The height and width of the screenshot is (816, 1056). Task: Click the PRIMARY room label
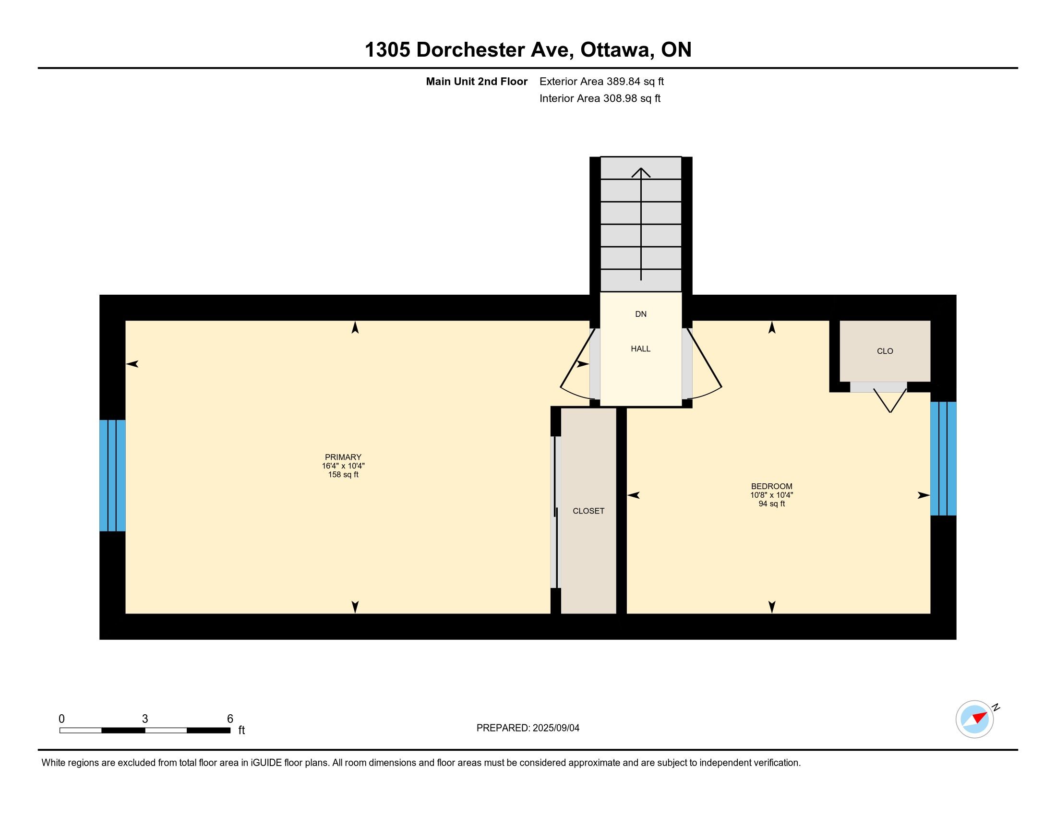pyautogui.click(x=343, y=457)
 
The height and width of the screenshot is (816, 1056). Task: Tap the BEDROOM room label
pyautogui.click(x=772, y=486)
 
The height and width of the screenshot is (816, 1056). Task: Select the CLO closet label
pyautogui.click(x=885, y=351)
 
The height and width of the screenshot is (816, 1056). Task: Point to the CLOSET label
pyautogui.click(x=588, y=511)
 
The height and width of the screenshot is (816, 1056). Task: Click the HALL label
pyautogui.click(x=641, y=348)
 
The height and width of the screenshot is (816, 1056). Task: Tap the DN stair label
pyautogui.click(x=641, y=314)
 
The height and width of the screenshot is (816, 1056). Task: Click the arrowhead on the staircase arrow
pyautogui.click(x=641, y=172)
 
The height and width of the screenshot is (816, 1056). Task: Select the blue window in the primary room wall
pyautogui.click(x=113, y=476)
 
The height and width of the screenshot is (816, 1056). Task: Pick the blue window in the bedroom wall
pyautogui.click(x=943, y=459)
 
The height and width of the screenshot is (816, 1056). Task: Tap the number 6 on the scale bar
pyautogui.click(x=230, y=719)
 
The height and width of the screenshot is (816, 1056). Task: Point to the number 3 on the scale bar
pyautogui.click(x=145, y=719)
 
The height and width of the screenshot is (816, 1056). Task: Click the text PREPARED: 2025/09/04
pyautogui.click(x=528, y=728)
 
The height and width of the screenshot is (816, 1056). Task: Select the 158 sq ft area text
pyautogui.click(x=343, y=475)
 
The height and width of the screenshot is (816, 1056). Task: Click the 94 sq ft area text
pyautogui.click(x=772, y=504)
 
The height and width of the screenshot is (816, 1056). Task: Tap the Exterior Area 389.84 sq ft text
pyautogui.click(x=601, y=81)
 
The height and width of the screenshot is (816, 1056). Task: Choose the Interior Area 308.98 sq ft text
pyautogui.click(x=600, y=98)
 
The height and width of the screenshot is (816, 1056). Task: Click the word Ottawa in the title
pyautogui.click(x=615, y=50)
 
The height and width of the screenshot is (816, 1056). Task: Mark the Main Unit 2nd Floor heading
pyautogui.click(x=477, y=81)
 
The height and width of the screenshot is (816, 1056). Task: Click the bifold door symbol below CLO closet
pyautogui.click(x=890, y=401)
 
